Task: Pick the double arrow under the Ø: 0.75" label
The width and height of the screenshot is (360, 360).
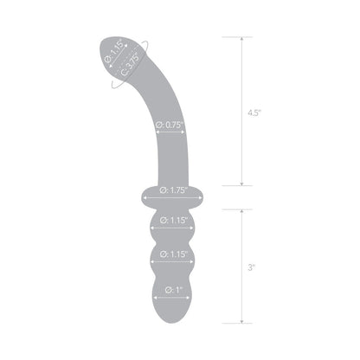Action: click(x=172, y=132)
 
